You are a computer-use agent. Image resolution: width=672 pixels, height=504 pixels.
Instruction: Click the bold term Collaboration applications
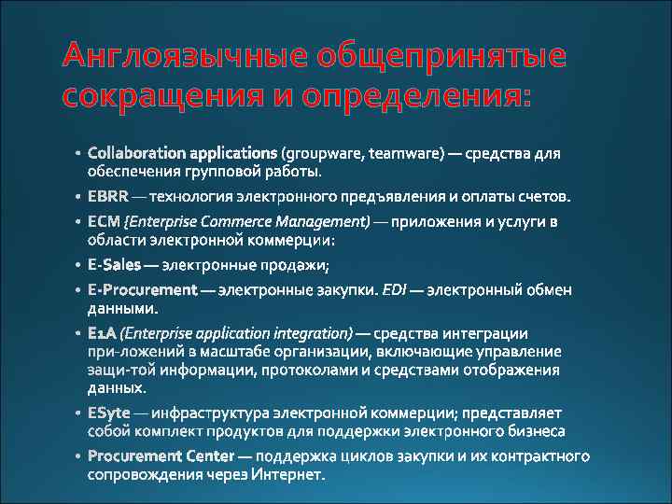click(x=182, y=152)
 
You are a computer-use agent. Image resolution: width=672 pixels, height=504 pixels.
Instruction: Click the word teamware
click(x=407, y=152)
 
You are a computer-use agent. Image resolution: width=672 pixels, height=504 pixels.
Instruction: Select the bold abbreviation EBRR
click(x=107, y=197)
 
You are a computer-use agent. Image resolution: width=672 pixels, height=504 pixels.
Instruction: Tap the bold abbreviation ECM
click(x=104, y=221)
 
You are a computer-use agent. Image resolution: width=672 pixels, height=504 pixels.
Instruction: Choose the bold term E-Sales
click(x=114, y=265)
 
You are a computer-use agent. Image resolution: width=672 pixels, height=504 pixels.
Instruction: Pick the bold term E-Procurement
click(x=142, y=289)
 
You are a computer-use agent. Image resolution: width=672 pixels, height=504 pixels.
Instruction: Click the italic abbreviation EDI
click(x=392, y=289)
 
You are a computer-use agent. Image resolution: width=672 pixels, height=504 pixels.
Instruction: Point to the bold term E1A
click(x=102, y=332)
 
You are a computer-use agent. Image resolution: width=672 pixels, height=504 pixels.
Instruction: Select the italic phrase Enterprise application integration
click(x=237, y=332)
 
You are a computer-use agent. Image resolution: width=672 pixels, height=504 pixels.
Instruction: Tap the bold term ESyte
click(x=108, y=413)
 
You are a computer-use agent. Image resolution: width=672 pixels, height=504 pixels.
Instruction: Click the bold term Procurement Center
click(x=160, y=456)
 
